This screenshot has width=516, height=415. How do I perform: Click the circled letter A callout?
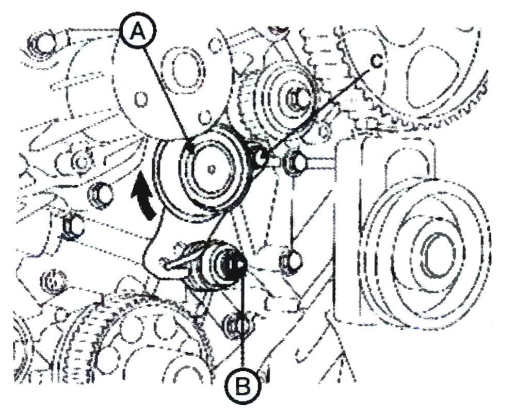coord(138,32)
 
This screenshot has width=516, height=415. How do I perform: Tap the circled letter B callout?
coord(243,387)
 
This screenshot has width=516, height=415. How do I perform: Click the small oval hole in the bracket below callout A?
coord(141,99)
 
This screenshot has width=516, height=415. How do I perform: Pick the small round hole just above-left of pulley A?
coord(205,116)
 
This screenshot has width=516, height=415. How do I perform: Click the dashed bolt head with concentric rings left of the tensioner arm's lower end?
coord(53,281)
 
